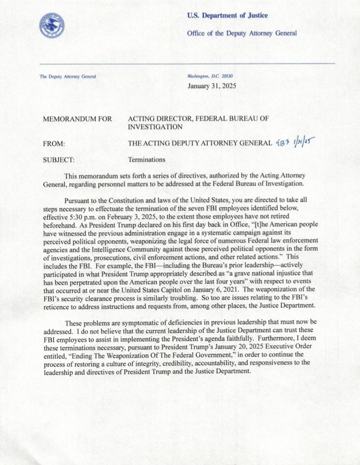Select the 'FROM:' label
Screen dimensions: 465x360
click(54, 143)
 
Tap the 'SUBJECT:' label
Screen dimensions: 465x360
click(58, 160)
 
